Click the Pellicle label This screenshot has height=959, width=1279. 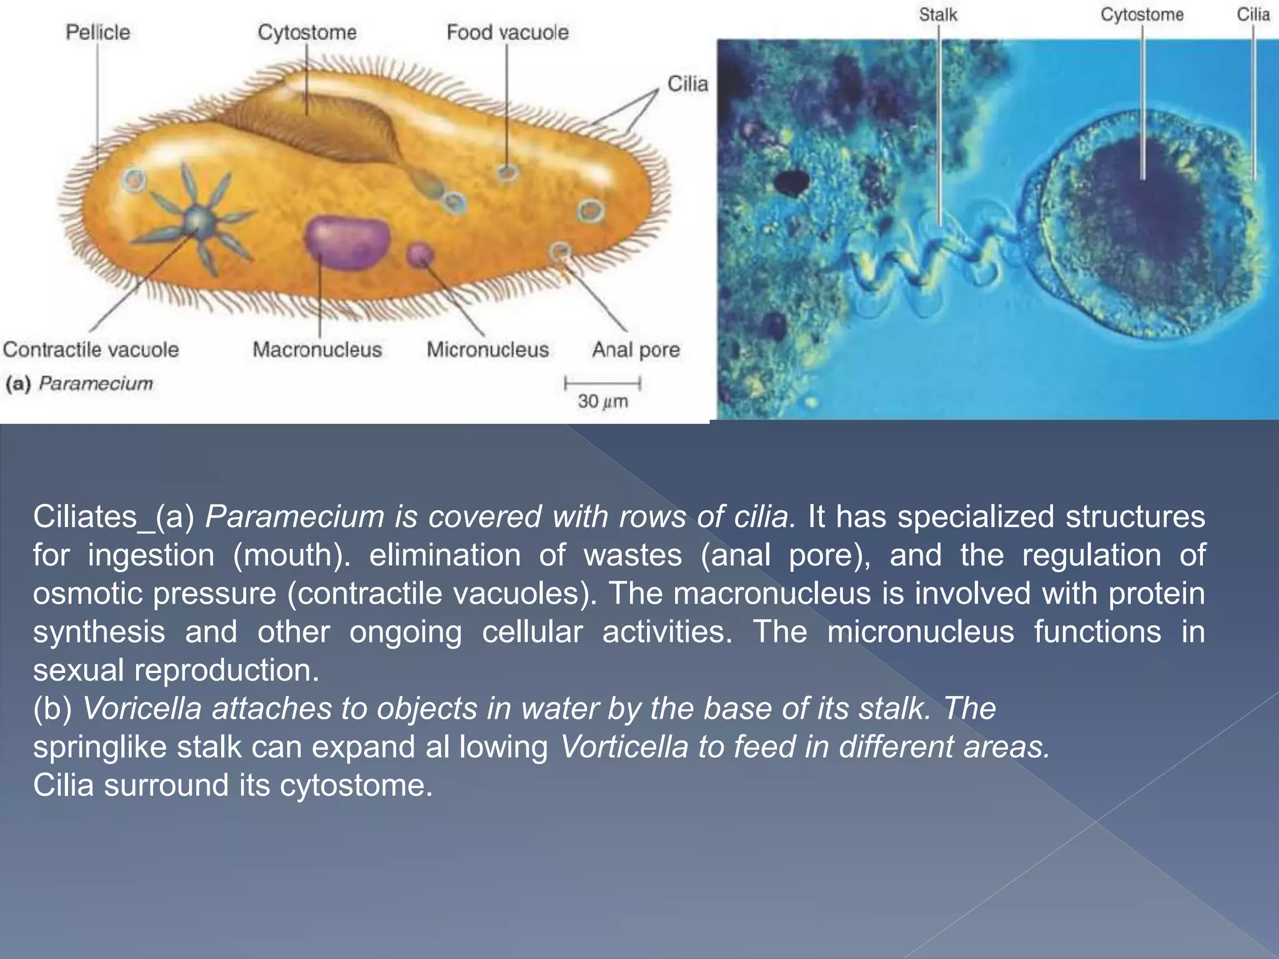(98, 32)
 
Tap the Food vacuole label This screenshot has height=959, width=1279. (507, 32)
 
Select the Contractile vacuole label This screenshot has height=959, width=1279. (91, 350)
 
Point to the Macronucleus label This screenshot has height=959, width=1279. (317, 350)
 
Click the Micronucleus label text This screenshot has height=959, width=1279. (488, 350)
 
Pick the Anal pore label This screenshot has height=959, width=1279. (636, 350)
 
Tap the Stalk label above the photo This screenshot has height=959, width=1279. (937, 14)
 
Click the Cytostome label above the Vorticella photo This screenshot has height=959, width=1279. (1142, 14)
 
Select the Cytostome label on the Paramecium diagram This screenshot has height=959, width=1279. (307, 32)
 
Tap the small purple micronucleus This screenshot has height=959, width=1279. (420, 254)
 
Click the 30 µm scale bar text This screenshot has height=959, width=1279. (603, 401)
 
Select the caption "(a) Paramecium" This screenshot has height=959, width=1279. (79, 383)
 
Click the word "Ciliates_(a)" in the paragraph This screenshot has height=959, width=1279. (114, 517)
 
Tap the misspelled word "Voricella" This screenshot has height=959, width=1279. (142, 709)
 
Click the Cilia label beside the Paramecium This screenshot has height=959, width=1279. (688, 84)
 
